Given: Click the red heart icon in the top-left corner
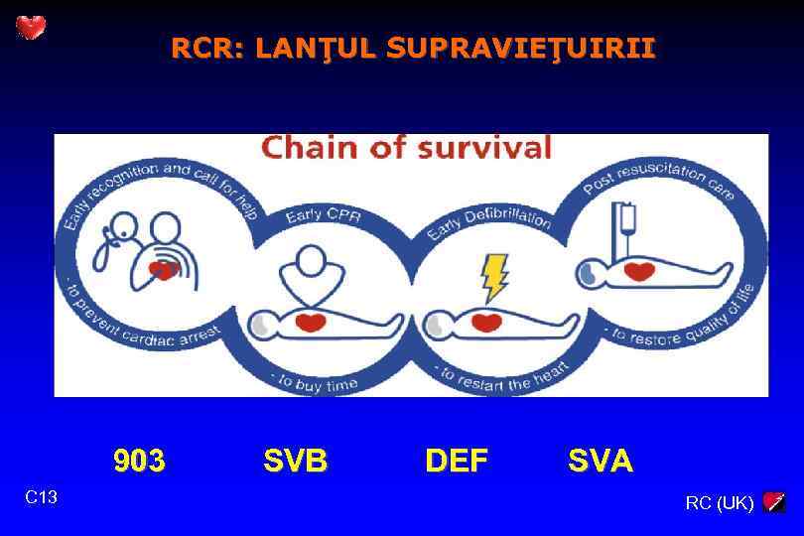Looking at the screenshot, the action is [31, 28].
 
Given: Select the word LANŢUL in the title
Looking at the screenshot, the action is [315, 48].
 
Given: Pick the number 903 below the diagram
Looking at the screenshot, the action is [139, 461].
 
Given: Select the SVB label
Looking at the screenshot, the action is [295, 461].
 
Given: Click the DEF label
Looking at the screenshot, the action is [457, 461].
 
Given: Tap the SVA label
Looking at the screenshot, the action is [601, 461].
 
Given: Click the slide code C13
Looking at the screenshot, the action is [42, 496].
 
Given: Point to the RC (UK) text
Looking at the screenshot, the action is [720, 503].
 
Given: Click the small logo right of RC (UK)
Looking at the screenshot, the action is [775, 502].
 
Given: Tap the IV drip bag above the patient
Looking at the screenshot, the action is [626, 220].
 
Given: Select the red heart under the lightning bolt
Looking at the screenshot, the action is [485, 322].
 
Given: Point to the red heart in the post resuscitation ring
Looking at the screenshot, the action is [639, 270].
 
